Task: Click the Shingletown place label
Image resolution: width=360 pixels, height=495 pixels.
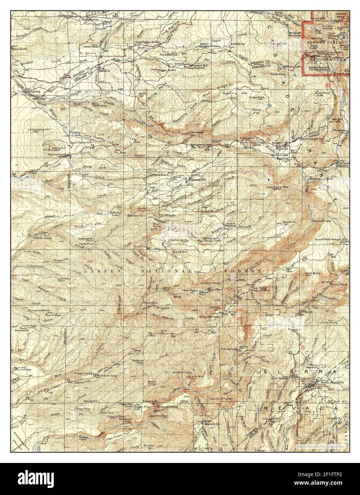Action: tap(89, 20)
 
